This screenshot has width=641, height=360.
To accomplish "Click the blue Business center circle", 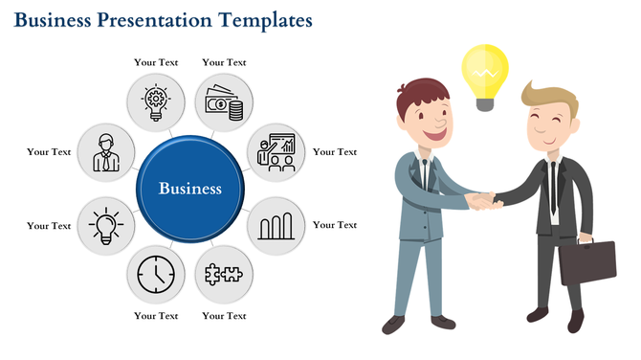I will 189,189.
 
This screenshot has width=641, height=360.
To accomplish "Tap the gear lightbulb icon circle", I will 156,101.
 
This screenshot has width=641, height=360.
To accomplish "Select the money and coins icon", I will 224,101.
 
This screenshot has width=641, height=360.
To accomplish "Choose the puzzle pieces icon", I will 224,275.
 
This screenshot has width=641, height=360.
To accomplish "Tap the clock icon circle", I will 156,275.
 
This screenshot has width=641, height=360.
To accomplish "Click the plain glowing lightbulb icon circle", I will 103,226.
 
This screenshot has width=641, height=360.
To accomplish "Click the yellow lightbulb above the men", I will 485,72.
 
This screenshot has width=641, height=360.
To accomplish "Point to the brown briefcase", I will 587,261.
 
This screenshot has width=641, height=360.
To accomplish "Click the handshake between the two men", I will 481,200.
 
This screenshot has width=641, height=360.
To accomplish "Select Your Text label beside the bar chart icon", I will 335,225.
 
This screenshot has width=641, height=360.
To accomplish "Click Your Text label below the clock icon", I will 156,316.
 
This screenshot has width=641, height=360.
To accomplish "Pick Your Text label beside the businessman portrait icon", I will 49,151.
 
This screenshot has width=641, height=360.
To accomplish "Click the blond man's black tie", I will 552,187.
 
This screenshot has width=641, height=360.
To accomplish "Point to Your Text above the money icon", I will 224,62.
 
